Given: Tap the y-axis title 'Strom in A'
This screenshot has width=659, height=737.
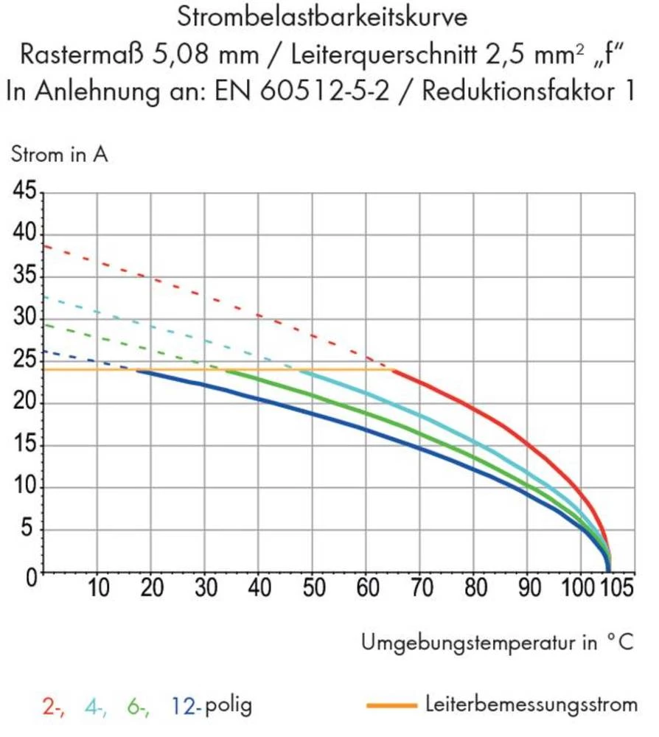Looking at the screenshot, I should tap(59, 156).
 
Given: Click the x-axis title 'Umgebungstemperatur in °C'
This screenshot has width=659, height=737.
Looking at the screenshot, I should tap(498, 643).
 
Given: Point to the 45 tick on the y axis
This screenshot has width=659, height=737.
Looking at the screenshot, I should tap(22, 192).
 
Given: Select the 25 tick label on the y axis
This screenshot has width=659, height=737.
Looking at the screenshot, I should tap(22, 361).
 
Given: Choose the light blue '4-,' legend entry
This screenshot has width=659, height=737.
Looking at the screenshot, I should tap(96, 706).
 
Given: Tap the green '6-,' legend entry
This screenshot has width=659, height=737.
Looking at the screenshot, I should tap(139, 706).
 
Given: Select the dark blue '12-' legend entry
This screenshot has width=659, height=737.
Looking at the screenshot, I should tap(186, 706).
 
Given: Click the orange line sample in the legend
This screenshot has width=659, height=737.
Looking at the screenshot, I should tap(391, 705).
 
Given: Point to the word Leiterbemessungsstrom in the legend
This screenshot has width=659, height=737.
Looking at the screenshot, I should tap(531, 705).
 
